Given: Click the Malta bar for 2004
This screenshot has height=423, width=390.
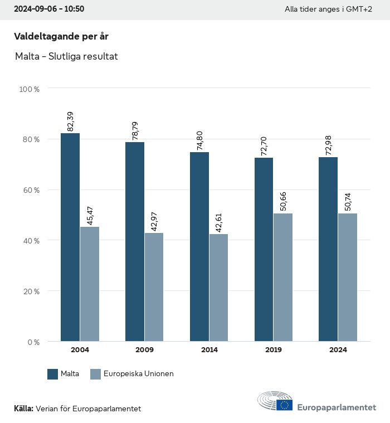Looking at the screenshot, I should (70, 237).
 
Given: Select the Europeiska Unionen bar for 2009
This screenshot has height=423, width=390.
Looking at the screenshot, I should (154, 287).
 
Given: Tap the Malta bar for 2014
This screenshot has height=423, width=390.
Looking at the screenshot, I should (199, 246).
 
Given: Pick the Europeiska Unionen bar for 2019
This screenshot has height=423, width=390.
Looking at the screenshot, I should (283, 277).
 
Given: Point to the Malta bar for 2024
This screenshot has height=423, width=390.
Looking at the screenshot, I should (328, 249).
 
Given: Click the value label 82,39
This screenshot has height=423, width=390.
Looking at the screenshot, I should (70, 121).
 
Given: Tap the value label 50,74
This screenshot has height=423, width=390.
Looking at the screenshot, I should (348, 202).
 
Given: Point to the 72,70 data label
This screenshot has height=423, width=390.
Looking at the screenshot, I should (264, 146).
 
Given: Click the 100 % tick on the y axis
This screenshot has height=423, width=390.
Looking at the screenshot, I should (29, 89).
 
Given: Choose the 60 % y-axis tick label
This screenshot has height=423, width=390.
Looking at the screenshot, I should (31, 190).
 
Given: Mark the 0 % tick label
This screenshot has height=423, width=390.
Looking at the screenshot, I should (33, 342).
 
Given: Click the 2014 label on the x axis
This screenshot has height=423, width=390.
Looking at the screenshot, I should (209, 350).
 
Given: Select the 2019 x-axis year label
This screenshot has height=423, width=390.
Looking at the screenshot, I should (274, 350).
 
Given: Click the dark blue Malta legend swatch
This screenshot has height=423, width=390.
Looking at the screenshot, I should (53, 374).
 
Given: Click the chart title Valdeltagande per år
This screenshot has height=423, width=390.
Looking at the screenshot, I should (61, 36).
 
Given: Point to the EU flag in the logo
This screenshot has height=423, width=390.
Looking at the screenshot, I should (285, 405).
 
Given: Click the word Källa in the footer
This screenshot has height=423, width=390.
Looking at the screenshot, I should (23, 409).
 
